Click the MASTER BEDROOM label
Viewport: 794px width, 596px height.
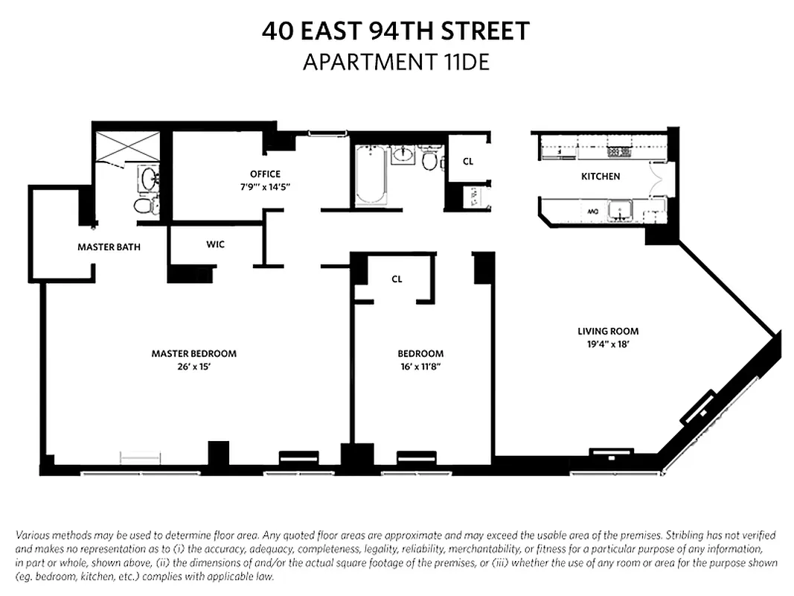[193, 353]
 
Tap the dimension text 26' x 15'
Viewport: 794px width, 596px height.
[193, 366]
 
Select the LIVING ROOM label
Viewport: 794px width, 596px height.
[608, 332]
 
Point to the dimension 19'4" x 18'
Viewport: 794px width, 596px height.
[608, 344]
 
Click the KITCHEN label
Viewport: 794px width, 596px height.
[600, 177]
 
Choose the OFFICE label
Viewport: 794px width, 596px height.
[265, 174]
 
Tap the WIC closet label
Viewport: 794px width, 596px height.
[215, 244]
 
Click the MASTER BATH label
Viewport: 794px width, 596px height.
[109, 247]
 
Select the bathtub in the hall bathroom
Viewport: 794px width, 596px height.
[370, 175]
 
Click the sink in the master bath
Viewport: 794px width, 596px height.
[148, 178]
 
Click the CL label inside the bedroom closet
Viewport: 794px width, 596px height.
[397, 279]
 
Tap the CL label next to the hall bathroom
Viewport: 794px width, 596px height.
[467, 161]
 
